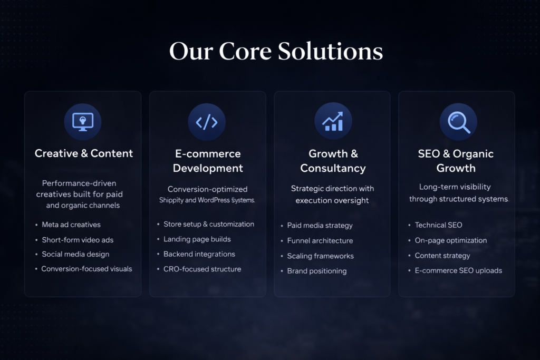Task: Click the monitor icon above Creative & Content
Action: tap(83, 122)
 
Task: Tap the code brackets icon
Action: tap(207, 122)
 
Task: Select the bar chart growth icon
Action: tap(333, 121)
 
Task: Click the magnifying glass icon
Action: tap(459, 122)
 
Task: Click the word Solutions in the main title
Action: tap(330, 51)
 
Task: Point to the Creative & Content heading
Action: tap(84, 153)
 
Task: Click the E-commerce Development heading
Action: tap(208, 161)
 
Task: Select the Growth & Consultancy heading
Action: tap(333, 161)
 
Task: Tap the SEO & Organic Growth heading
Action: tap(456, 161)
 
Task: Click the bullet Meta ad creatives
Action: tap(71, 225)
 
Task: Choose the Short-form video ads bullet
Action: tap(78, 240)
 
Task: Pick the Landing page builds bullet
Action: tap(197, 239)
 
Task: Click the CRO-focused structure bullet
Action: tap(202, 269)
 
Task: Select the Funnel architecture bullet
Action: tap(320, 240)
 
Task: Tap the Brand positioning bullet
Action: tap(317, 271)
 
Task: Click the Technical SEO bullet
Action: tap(438, 225)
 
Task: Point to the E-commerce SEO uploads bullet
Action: tap(458, 270)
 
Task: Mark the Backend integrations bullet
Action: tap(199, 255)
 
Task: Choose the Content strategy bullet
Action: tap(442, 256)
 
